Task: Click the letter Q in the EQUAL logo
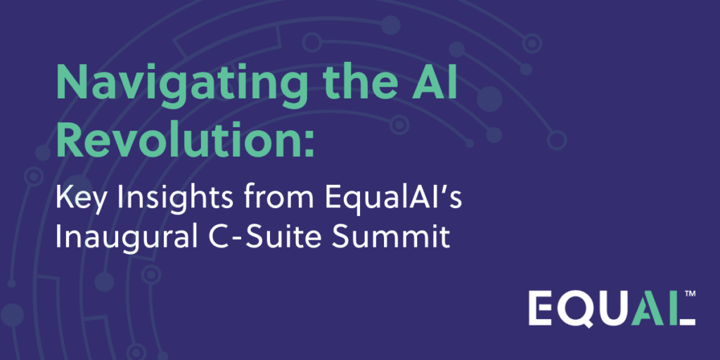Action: (580, 309)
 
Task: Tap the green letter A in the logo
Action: (648, 308)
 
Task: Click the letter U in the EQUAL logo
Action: (615, 309)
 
